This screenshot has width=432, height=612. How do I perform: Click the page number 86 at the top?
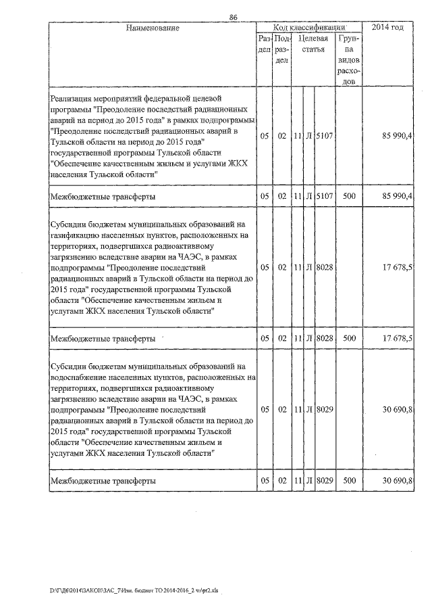tap(234, 18)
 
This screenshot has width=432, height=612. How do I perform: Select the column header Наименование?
tap(152, 28)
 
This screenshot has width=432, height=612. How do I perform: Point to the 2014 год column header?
tap(388, 28)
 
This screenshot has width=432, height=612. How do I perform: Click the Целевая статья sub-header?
tap(313, 44)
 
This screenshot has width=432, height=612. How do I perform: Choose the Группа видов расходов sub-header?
tap(349, 60)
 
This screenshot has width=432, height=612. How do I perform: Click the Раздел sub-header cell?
tap(265, 44)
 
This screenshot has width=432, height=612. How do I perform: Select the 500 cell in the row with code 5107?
tap(349, 196)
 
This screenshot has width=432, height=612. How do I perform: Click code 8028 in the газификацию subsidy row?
tap(325, 267)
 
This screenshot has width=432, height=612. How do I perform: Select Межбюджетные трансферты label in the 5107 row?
tap(103, 197)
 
